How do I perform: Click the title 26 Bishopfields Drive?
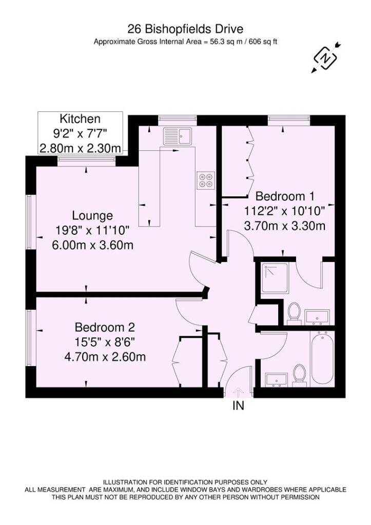[186, 29]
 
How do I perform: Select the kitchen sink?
[177, 137]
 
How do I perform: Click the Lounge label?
[92, 215]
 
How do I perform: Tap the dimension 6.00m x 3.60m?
[93, 245]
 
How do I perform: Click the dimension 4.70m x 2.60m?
[105, 356]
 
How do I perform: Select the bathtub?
[322, 358]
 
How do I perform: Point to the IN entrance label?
[238, 407]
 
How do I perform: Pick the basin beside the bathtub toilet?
[277, 379]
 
